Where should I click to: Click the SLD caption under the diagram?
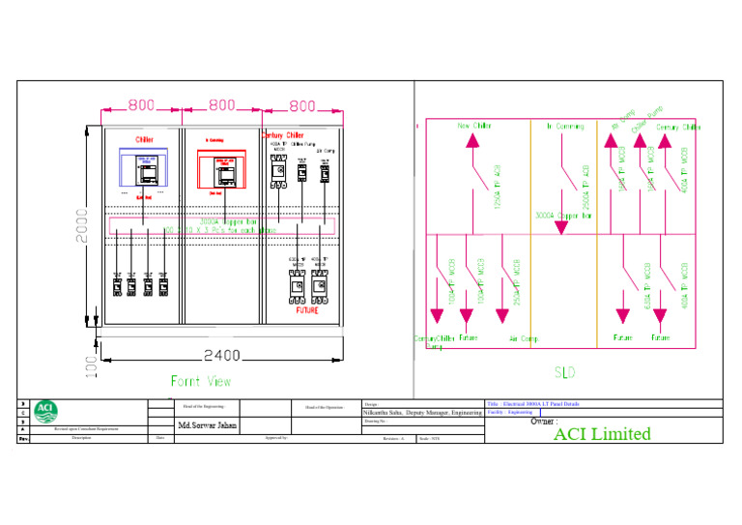point(565,371)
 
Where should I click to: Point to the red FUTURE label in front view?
point(306,311)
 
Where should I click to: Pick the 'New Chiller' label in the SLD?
point(473,126)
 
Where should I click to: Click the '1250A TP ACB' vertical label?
point(498,187)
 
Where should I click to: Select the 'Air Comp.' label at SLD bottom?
point(524,338)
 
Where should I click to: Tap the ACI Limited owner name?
point(602,434)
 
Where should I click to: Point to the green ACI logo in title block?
point(45,411)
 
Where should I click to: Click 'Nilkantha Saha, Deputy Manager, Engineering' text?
point(422,413)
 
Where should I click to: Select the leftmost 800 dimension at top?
point(142,104)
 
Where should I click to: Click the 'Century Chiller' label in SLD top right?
point(678,127)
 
